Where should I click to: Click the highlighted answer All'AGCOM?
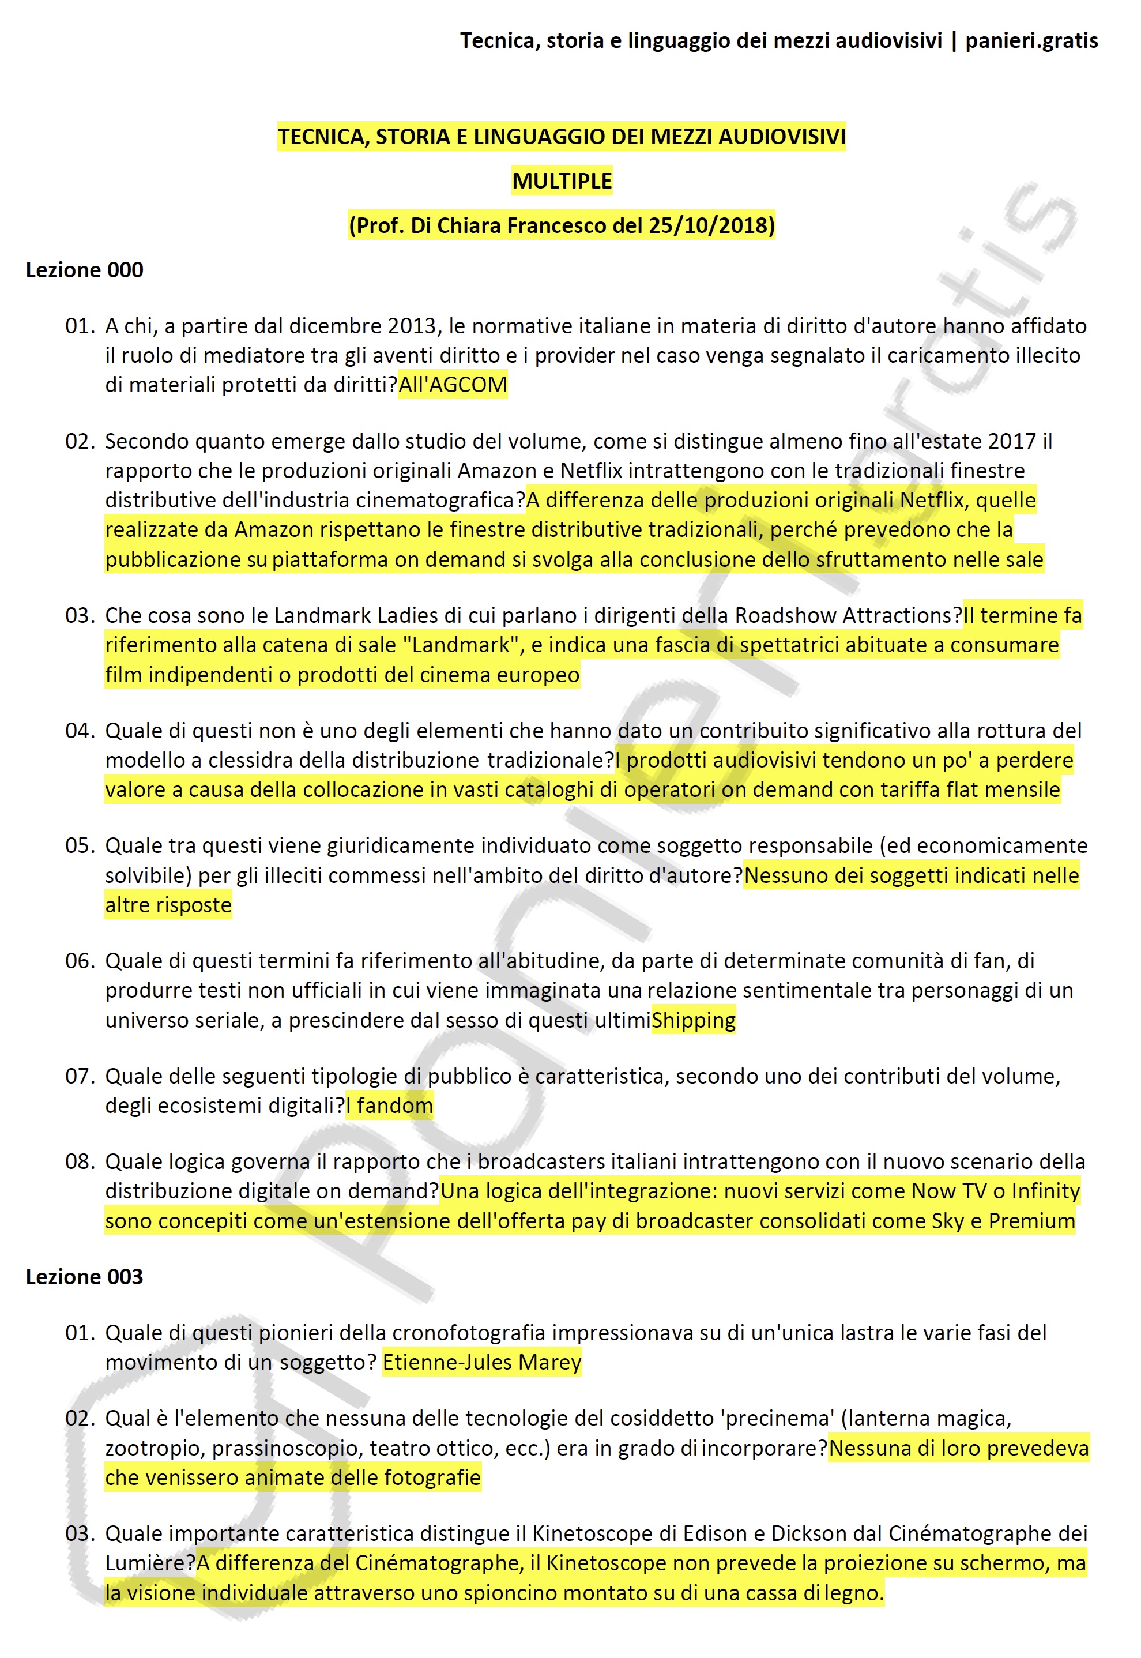click(x=453, y=385)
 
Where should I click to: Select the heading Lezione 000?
click(x=84, y=270)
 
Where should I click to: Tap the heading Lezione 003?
click(x=84, y=1277)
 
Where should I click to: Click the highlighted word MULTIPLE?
click(x=562, y=181)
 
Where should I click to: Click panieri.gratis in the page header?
click(x=1031, y=41)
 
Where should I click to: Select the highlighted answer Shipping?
click(x=694, y=1020)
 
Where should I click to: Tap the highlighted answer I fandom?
click(x=390, y=1106)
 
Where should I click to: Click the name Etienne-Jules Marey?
click(x=482, y=1363)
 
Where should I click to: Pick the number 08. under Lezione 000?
click(x=80, y=1162)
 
